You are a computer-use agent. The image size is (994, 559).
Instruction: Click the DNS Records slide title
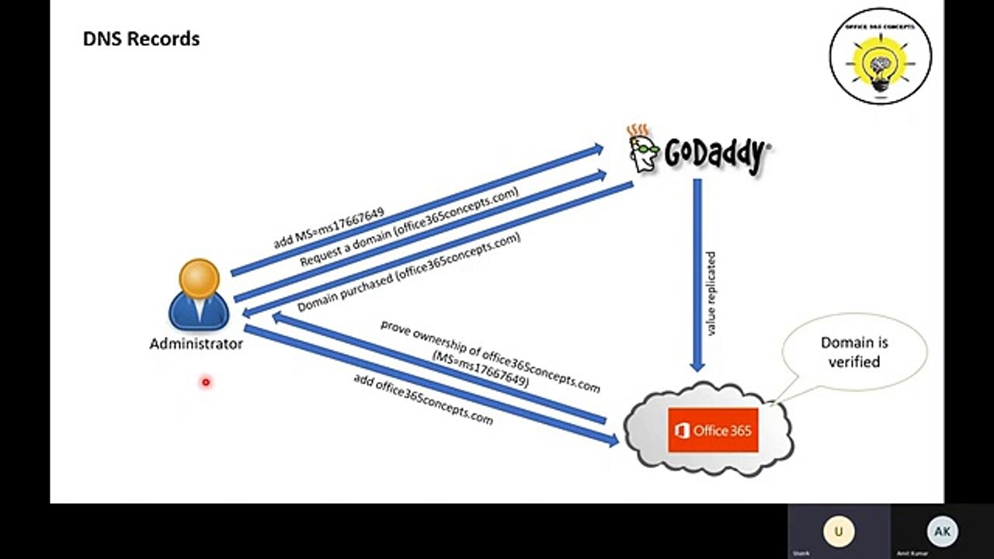click(x=141, y=39)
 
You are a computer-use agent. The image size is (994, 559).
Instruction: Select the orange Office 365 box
click(x=713, y=430)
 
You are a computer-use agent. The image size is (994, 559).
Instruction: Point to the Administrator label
click(x=196, y=344)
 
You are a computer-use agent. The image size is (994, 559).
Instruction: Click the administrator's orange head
click(x=199, y=279)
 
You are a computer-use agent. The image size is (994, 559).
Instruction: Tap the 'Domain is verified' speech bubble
click(x=853, y=352)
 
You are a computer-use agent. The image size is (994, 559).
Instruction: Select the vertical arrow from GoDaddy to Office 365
click(x=697, y=272)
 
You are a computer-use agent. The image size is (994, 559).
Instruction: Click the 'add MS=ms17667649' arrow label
click(x=328, y=227)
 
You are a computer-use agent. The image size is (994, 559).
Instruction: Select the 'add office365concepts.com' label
click(x=423, y=398)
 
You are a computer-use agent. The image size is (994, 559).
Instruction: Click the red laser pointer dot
click(x=206, y=382)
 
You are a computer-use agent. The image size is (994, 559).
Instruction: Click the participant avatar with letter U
click(x=838, y=532)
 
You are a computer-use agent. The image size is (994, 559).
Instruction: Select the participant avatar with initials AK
click(x=942, y=532)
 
